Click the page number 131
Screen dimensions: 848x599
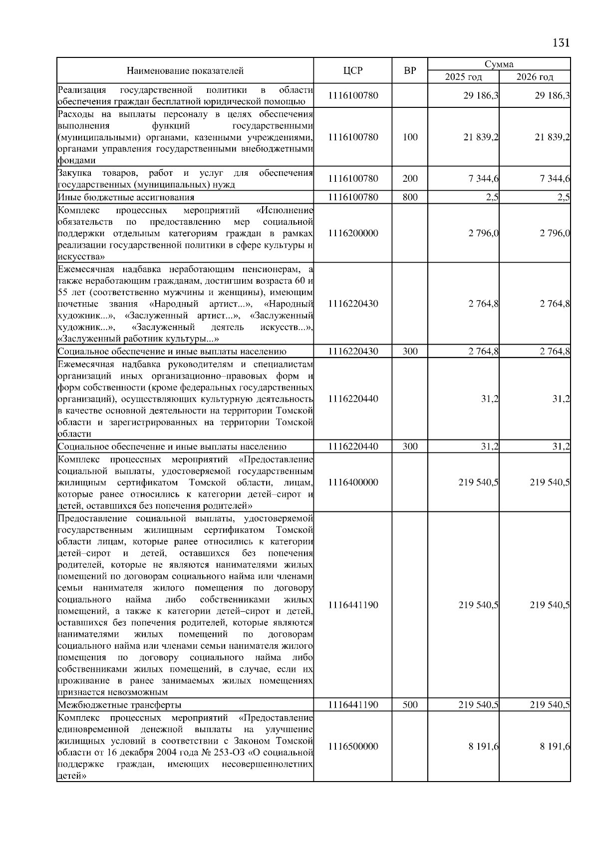(561, 42)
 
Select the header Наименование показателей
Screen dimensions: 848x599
(185, 71)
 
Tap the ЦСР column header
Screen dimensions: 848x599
(353, 71)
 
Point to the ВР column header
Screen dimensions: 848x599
(409, 71)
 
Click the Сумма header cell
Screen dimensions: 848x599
(499, 64)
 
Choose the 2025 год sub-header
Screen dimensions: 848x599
(464, 77)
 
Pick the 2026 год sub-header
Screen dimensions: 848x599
(535, 77)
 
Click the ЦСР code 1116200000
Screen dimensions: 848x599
(353, 233)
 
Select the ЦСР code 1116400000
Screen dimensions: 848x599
(353, 482)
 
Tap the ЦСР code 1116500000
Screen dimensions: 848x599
(353, 746)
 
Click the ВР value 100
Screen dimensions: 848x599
(410, 137)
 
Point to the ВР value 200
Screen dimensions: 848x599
(410, 179)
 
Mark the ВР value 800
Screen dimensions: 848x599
(410, 197)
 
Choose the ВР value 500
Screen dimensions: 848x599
(410, 705)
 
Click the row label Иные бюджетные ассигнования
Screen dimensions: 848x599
(126, 197)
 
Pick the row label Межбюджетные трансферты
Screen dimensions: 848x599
(119, 705)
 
